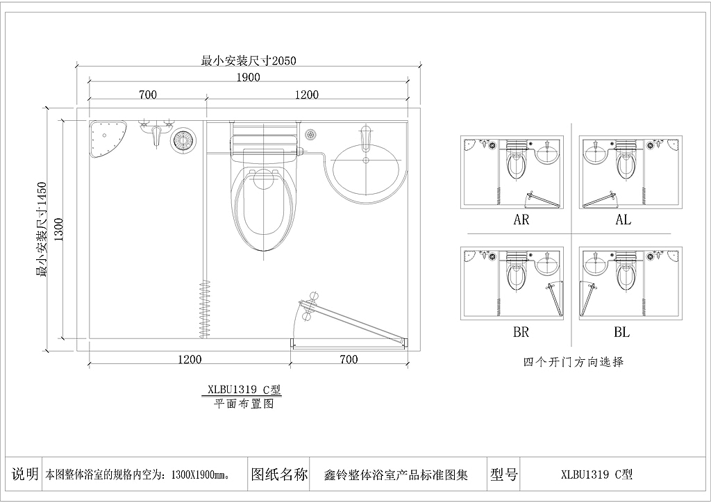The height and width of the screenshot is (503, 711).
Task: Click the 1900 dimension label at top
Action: pyautogui.click(x=248, y=77)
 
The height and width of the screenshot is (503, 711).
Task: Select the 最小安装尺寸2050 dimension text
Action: pyautogui.click(x=249, y=60)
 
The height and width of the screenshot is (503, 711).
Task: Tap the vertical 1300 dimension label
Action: pyautogui.click(x=59, y=229)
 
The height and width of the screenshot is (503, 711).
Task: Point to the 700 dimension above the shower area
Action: pyautogui.click(x=148, y=94)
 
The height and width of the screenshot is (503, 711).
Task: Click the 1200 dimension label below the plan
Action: pyautogui.click(x=190, y=359)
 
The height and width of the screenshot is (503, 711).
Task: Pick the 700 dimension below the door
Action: pyautogui.click(x=349, y=359)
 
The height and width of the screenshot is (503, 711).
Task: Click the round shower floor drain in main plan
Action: pyautogui.click(x=183, y=139)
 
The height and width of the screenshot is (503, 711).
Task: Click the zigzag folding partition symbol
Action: pyautogui.click(x=205, y=309)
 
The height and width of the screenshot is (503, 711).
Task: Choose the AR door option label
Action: pyautogui.click(x=521, y=220)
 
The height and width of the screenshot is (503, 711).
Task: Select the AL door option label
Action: pyautogui.click(x=624, y=220)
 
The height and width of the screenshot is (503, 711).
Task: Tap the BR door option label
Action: pyautogui.click(x=521, y=332)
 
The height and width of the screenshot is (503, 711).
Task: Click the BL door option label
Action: pyautogui.click(x=621, y=332)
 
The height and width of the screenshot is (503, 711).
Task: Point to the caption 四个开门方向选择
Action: pyautogui.click(x=574, y=362)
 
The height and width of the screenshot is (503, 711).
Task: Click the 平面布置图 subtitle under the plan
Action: pyautogui.click(x=244, y=404)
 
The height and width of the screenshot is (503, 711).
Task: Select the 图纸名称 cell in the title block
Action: pyautogui.click(x=279, y=475)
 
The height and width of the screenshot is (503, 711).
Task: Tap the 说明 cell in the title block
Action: pyautogui.click(x=25, y=475)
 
